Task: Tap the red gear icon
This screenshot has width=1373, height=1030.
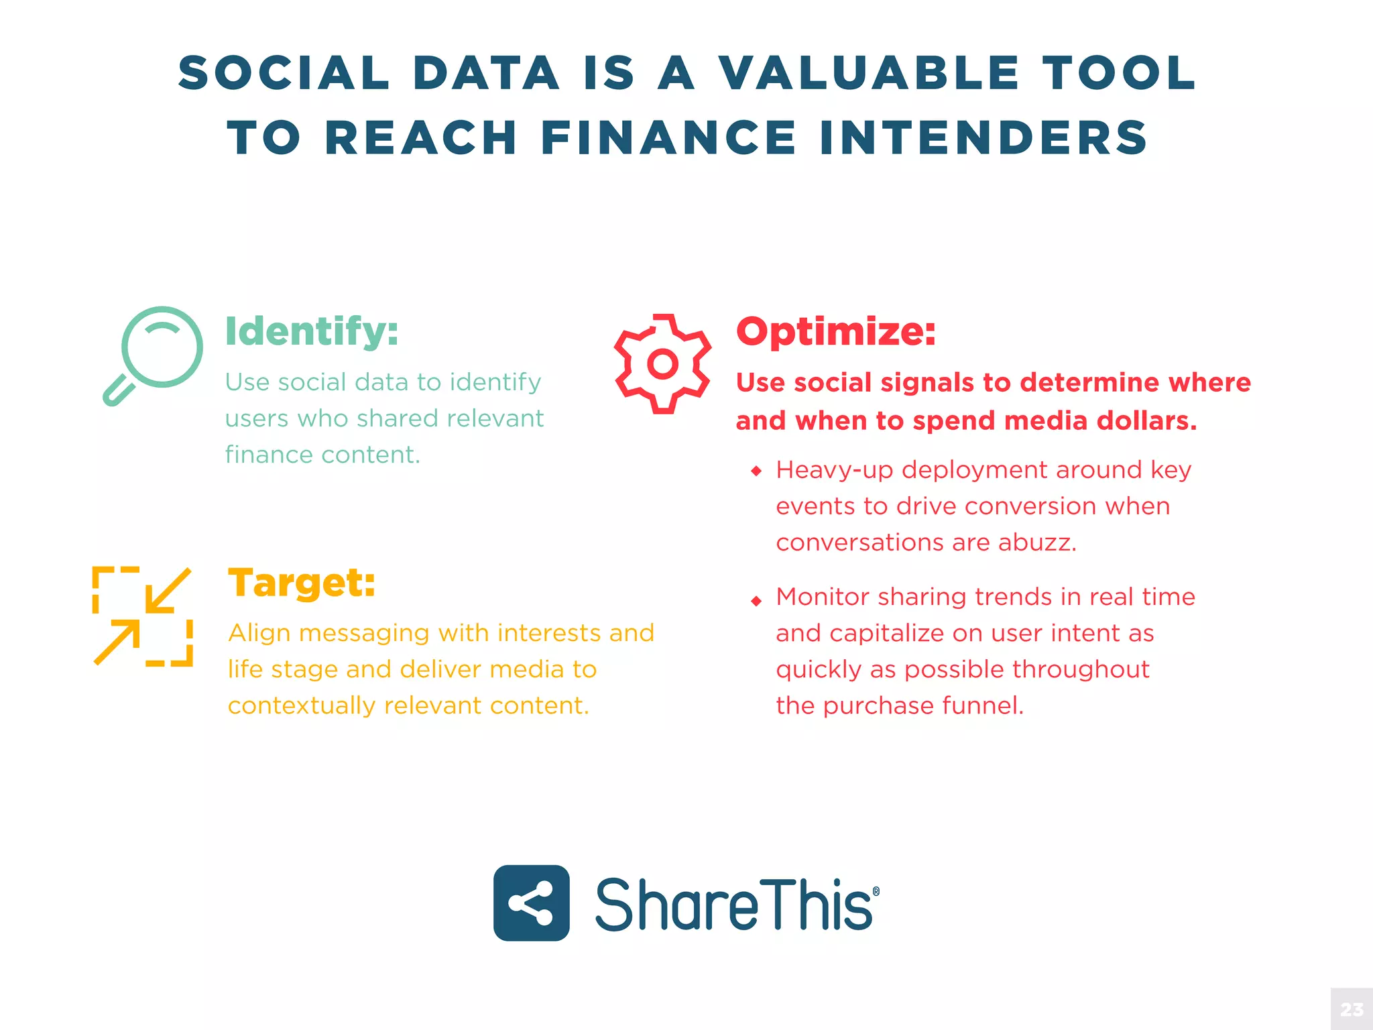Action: coord(662,363)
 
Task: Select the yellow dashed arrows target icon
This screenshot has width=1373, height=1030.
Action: coord(143,616)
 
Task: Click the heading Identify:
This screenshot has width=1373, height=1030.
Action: coord(312,331)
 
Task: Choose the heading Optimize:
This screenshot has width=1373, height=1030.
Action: coord(836,331)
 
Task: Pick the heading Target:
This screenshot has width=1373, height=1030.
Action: coord(302,582)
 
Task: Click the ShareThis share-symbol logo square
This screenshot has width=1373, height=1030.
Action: coord(532,903)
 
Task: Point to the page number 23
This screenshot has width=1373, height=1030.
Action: coord(1352,1010)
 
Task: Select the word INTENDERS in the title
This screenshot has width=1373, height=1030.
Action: coord(983,138)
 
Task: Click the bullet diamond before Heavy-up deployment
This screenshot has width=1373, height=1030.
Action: coord(756,471)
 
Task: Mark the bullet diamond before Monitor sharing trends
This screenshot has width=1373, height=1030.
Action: coord(756,601)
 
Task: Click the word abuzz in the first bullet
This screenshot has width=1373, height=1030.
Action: coord(1036,542)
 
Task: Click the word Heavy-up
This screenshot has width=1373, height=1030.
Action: coord(835,471)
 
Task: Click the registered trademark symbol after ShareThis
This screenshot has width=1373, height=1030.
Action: coord(876,891)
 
